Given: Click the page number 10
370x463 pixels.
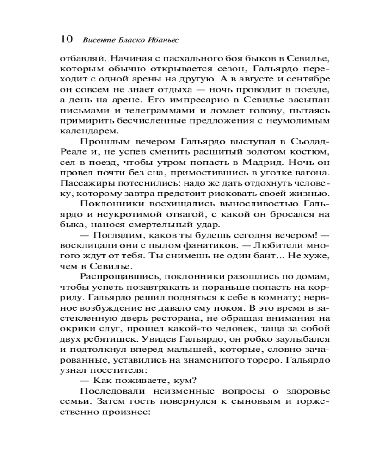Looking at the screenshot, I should tap(66, 39).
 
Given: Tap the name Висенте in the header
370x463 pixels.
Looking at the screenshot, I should tap(96, 40).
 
